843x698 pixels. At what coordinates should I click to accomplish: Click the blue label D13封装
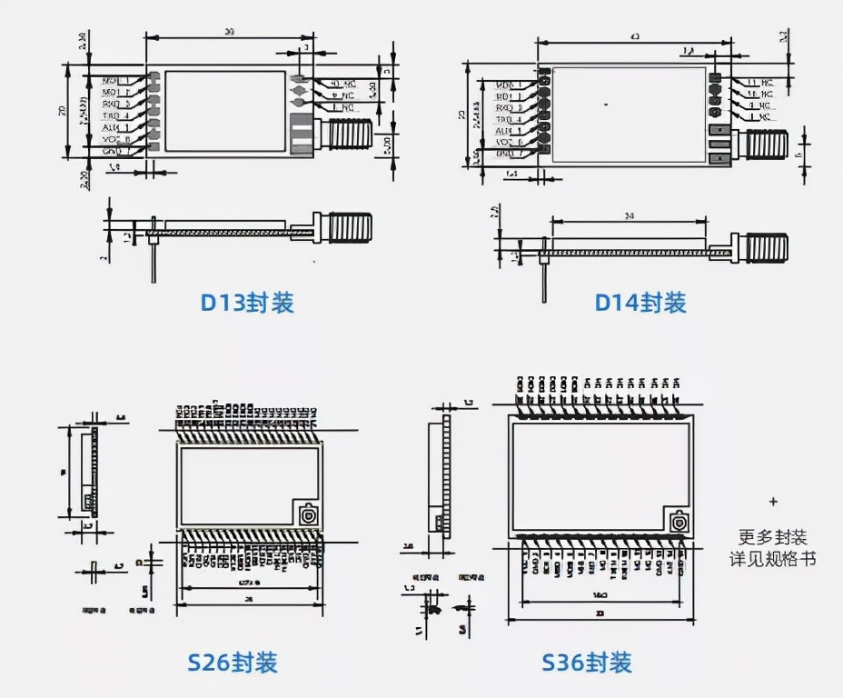(x=247, y=303)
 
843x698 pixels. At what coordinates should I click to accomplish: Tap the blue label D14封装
(x=640, y=303)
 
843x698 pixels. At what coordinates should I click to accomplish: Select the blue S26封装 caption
(x=233, y=662)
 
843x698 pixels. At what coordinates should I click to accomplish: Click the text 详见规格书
(x=773, y=558)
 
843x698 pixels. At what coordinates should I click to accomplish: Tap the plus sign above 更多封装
(x=773, y=501)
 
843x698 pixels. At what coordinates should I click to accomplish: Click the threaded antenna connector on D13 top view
(x=348, y=135)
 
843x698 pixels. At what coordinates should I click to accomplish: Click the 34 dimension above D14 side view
(x=629, y=215)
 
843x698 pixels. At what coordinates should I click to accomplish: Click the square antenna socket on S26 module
(x=309, y=514)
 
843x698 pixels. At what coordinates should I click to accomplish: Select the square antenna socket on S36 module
(x=677, y=523)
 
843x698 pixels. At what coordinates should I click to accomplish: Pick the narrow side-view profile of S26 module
(x=88, y=473)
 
